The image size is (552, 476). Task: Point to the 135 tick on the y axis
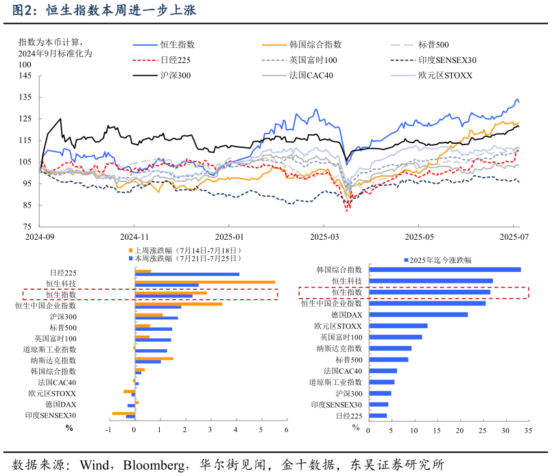tap(25, 97)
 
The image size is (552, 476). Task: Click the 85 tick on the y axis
tap(25, 205)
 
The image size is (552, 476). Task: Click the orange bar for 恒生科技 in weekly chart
tap(205, 281)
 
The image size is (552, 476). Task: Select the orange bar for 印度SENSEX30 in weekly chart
tap(123, 413)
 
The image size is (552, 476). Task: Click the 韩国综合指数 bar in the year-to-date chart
tap(444, 270)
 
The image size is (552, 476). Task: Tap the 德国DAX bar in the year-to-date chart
tap(418, 314)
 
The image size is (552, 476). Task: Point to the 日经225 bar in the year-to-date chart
tap(377, 415)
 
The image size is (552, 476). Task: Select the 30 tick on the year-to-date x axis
tap(505, 431)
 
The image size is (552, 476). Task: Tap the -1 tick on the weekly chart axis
tap(108, 430)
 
